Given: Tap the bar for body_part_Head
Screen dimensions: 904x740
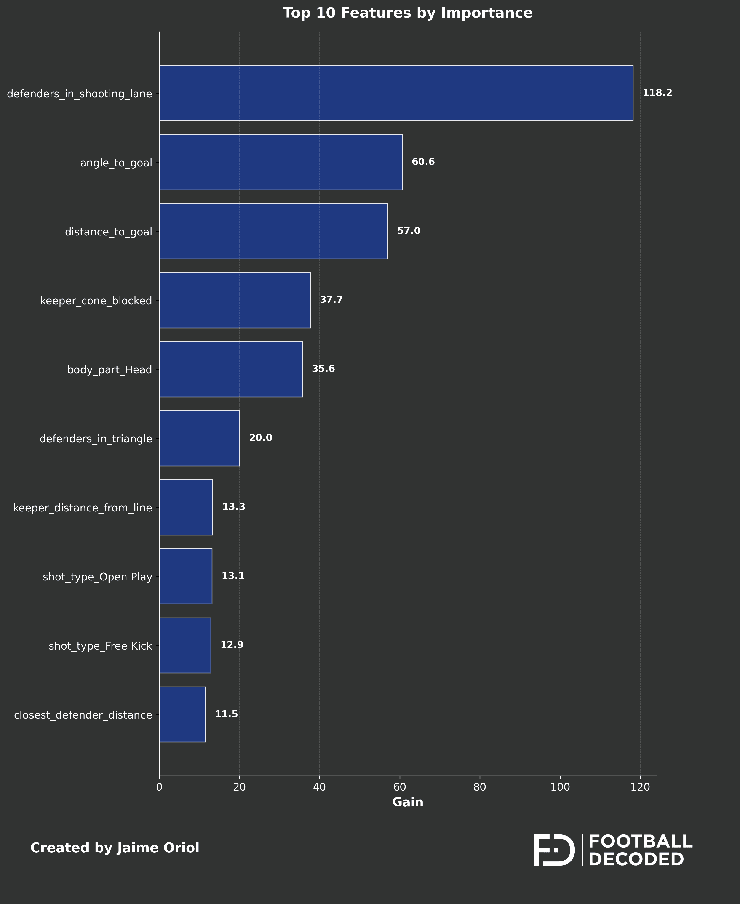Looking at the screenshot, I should tap(231, 369).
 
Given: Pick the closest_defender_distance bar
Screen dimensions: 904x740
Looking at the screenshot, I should tap(182, 714).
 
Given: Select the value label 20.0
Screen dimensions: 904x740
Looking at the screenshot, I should tap(260, 438).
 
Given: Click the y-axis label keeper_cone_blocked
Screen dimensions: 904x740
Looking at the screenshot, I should tap(96, 301).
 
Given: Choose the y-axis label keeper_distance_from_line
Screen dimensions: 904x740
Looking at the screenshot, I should tap(83, 508).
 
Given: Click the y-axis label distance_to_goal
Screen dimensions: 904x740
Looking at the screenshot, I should tap(108, 232).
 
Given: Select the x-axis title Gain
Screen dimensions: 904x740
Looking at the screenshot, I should tap(408, 802).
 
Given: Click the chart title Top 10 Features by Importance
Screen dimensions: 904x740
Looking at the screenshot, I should tap(408, 13).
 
